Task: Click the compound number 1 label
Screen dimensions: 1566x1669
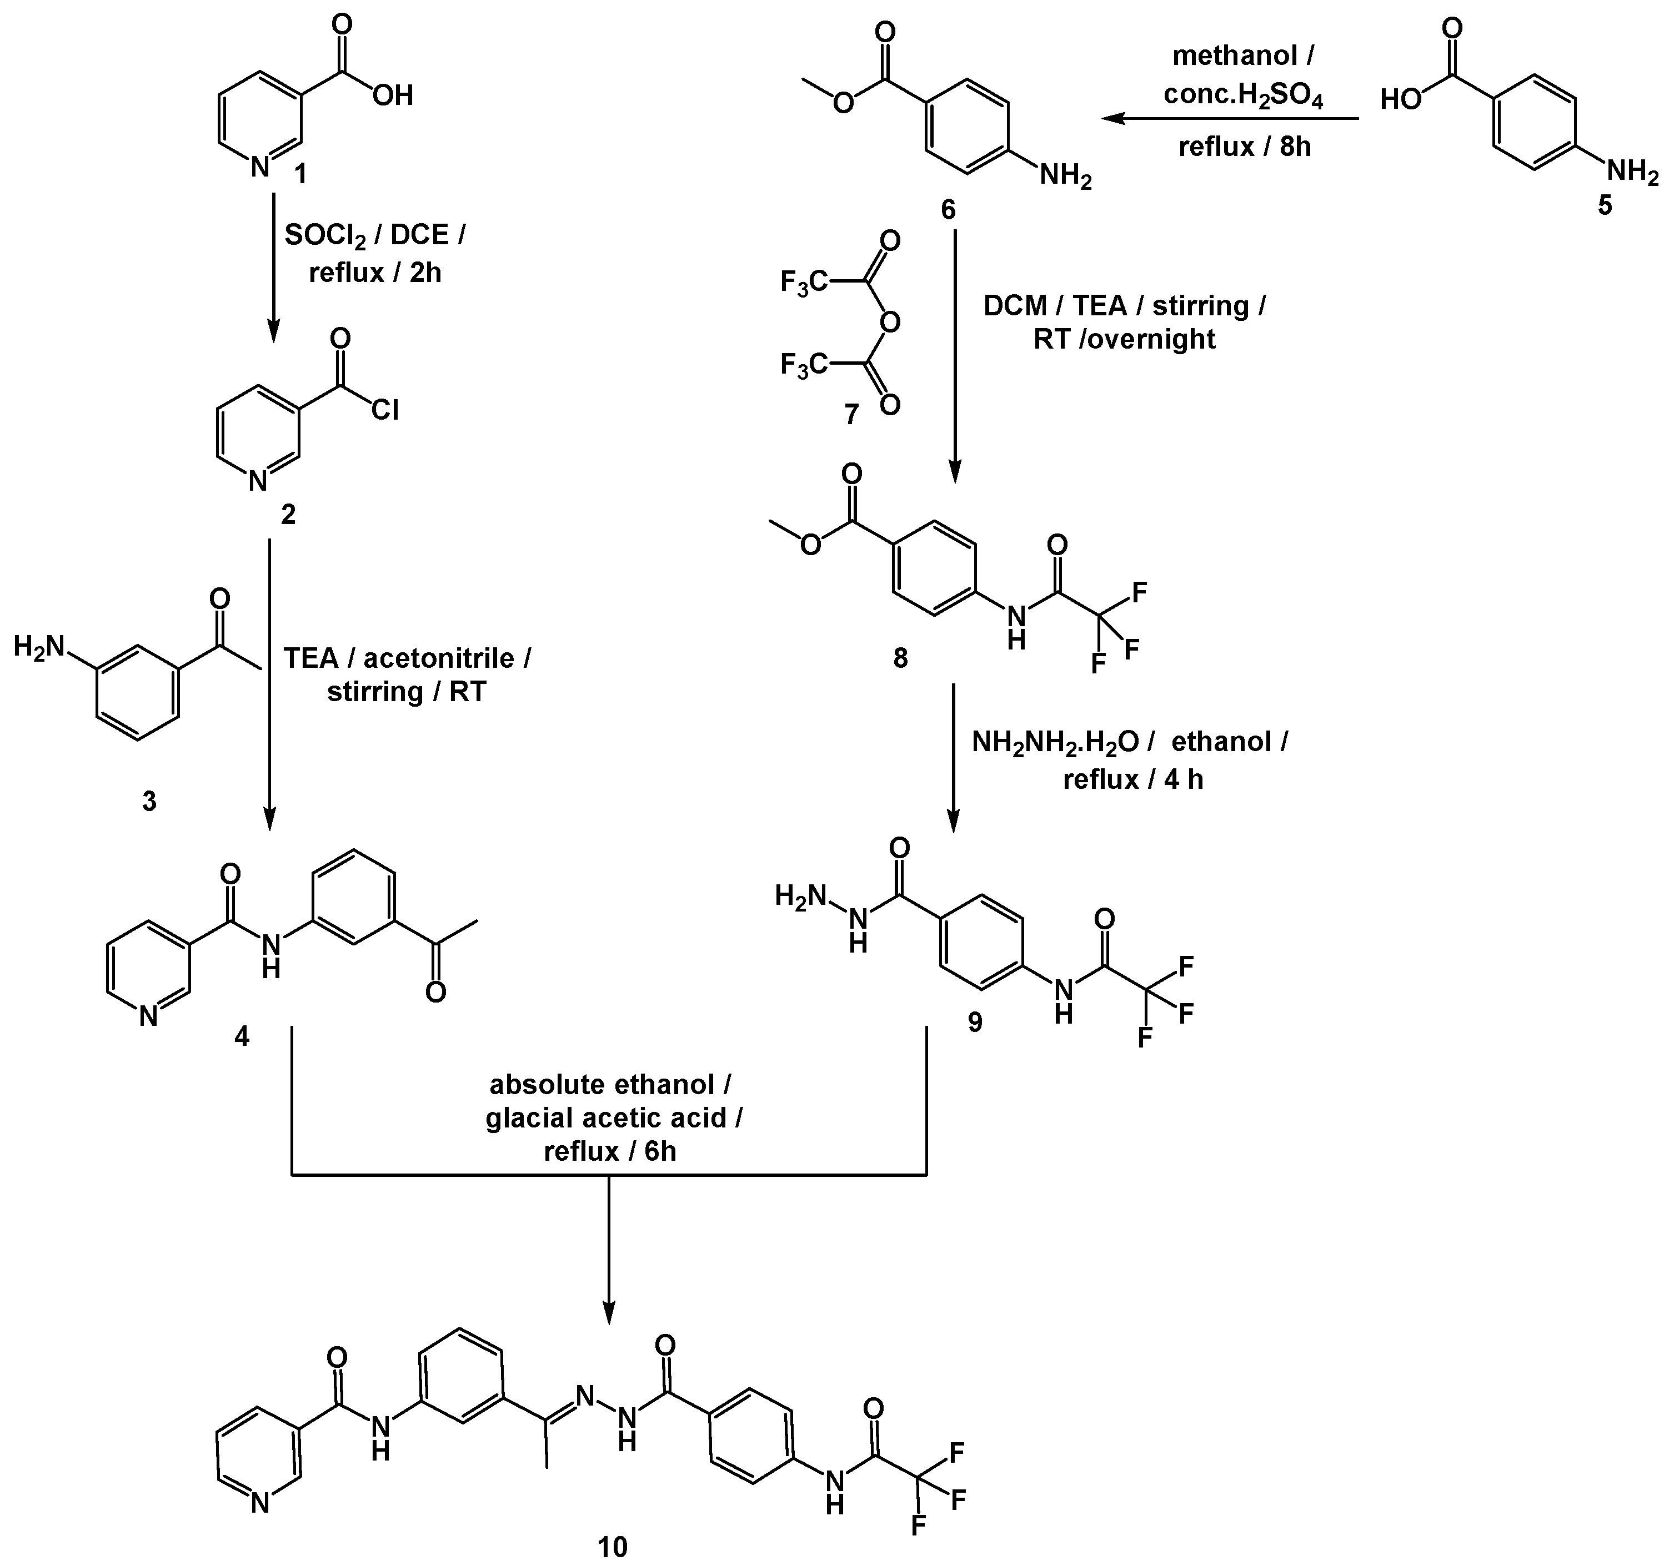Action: pyautogui.click(x=300, y=174)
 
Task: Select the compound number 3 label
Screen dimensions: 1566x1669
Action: pyautogui.click(x=149, y=802)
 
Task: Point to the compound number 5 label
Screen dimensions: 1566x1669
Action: pyautogui.click(x=1605, y=205)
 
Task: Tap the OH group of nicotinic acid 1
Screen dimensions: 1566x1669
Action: pyautogui.click(x=393, y=95)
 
